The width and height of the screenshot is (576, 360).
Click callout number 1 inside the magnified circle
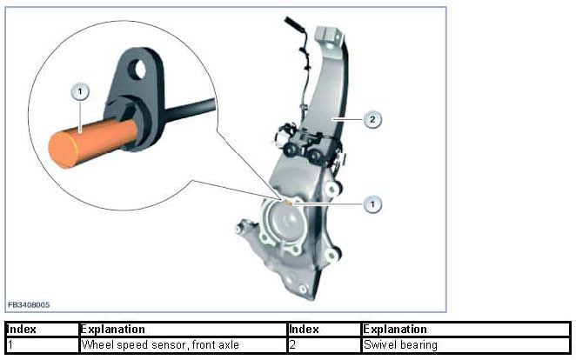pos(81,90)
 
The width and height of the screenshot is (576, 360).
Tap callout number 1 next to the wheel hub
pos(372,203)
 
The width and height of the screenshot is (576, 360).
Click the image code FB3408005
pos(30,305)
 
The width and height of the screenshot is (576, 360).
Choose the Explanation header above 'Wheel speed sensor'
pos(113,330)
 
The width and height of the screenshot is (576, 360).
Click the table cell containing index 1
pos(40,344)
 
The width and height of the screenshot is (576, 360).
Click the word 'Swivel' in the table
pos(380,344)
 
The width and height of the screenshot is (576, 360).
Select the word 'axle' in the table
pos(227,344)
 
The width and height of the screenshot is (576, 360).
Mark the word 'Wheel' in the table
pos(97,344)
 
